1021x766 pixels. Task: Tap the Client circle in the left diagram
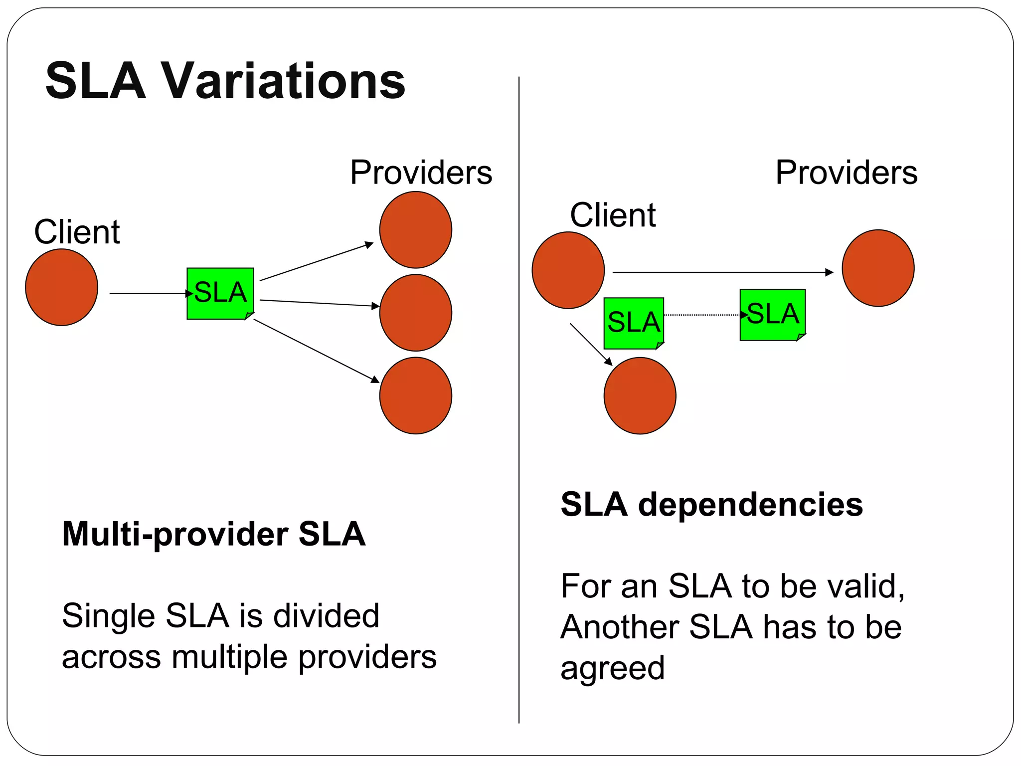[x=61, y=287]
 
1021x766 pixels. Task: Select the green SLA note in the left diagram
[x=220, y=294]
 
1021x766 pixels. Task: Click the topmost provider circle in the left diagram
[x=415, y=230]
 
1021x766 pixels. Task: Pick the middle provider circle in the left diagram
[x=415, y=313]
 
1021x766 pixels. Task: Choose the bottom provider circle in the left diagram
[x=415, y=395]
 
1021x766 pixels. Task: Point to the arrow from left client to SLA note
[x=148, y=294]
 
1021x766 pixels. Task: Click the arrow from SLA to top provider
[x=316, y=262]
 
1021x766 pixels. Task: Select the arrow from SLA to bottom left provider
[x=316, y=351]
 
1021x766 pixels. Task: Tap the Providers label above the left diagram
[x=421, y=173]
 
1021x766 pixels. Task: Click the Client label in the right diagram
[x=613, y=215]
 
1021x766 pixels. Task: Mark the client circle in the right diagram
[x=568, y=270]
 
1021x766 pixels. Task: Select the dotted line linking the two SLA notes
[x=701, y=315]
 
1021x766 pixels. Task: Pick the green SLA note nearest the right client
[x=634, y=323]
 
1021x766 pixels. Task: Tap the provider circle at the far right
[x=877, y=268]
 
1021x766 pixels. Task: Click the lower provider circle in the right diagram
[x=640, y=395]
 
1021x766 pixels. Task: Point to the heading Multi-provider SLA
[x=214, y=534]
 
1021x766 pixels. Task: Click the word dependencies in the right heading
[x=750, y=505]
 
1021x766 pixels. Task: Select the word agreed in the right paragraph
[x=613, y=668]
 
